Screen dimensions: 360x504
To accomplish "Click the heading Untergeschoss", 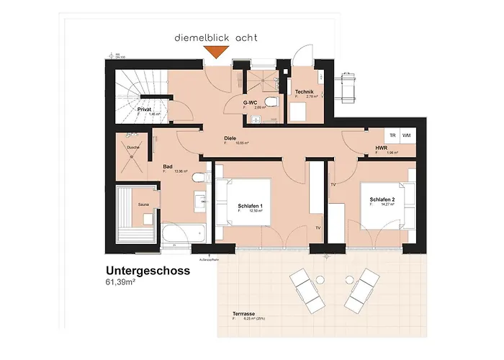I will coord(148,271).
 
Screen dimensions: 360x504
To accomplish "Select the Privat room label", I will coord(145,109).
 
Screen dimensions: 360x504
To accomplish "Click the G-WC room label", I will coord(251,102).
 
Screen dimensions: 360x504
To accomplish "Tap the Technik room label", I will coord(306,92).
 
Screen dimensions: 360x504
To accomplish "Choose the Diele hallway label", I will coord(230,137).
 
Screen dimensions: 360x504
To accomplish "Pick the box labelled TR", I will coord(392,135).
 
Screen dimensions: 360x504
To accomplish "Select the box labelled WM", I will coord(407,135).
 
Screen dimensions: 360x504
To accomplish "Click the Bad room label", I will coord(168,166).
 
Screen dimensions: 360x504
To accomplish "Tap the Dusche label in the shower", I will coord(133,148).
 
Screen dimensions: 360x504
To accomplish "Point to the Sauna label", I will coord(143,204).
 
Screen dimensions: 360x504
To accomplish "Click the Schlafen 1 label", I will coord(249,206).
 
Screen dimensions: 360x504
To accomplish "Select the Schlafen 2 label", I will coord(382,198).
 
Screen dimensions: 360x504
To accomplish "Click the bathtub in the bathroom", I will coord(184,233).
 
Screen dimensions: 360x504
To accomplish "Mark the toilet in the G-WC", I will coord(269,101).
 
